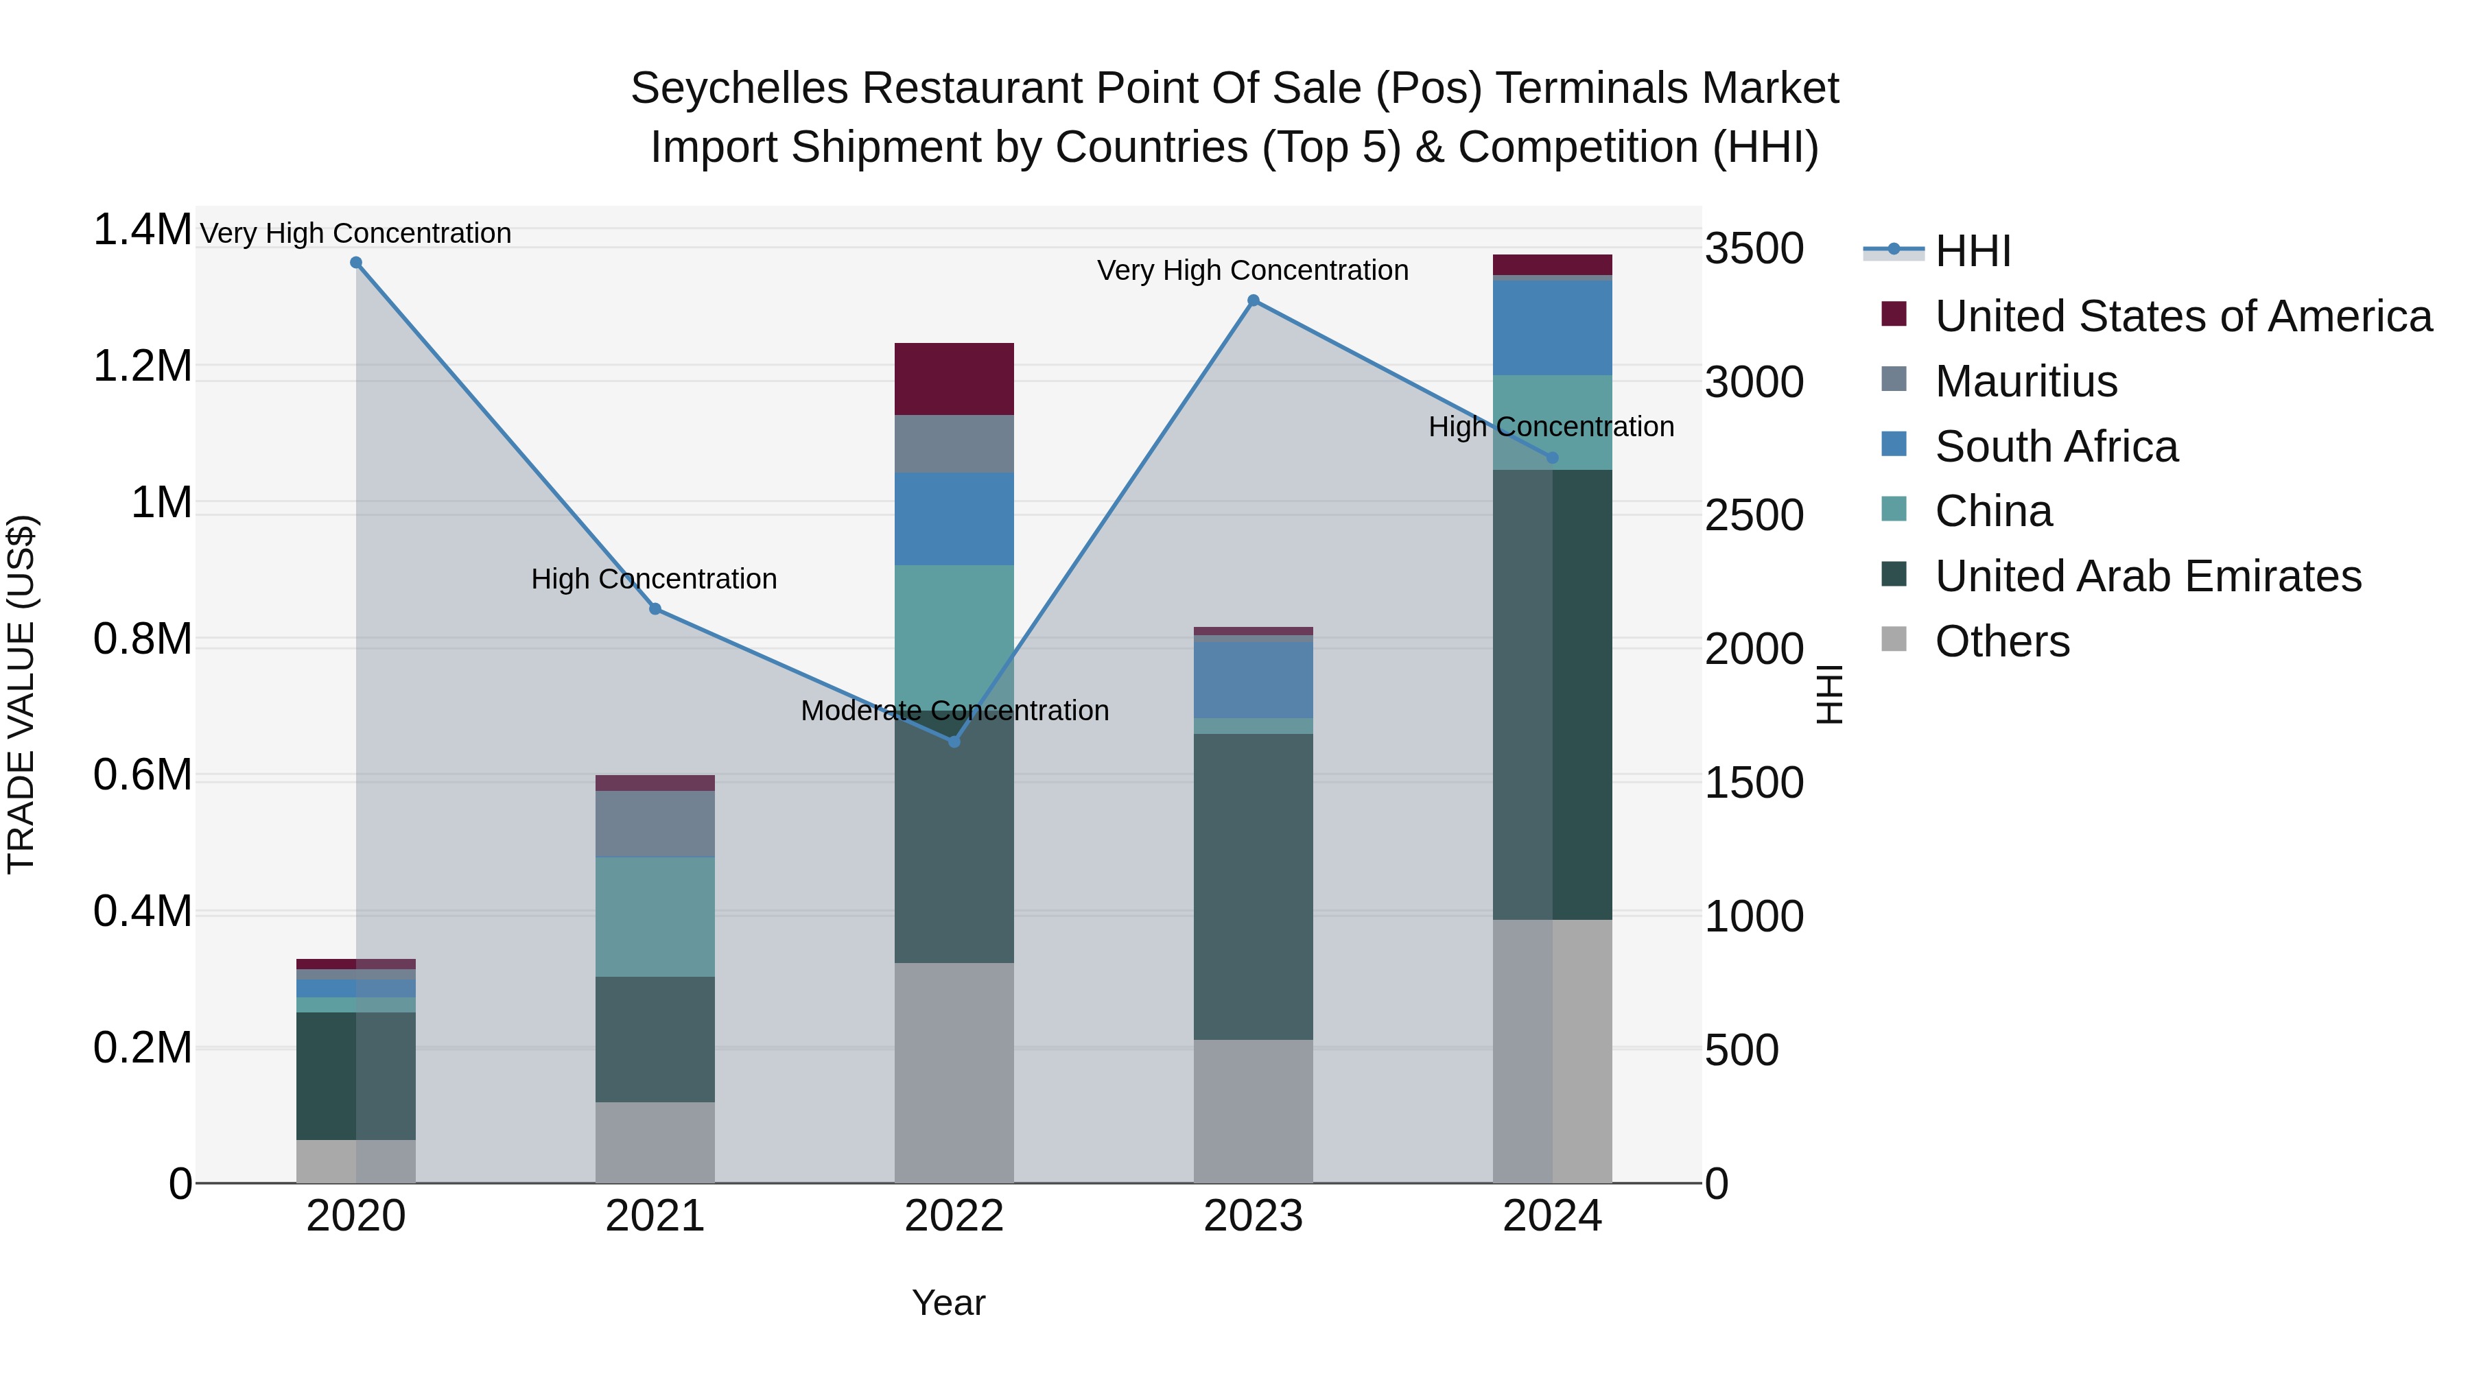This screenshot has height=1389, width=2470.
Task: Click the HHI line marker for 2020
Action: click(x=355, y=263)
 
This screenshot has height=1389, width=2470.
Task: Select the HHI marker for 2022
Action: click(x=954, y=742)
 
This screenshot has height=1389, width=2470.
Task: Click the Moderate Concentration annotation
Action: click(x=954, y=711)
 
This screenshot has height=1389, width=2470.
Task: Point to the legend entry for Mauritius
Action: click(x=2025, y=381)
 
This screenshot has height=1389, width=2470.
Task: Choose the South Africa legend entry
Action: click(x=2056, y=447)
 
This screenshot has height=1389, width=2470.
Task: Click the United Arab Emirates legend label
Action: click(x=2148, y=576)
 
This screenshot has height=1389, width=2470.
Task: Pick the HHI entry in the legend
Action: click(x=1973, y=251)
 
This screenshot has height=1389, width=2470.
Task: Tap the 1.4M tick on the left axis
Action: click(x=142, y=230)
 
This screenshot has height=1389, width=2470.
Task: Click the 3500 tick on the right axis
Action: click(x=1754, y=249)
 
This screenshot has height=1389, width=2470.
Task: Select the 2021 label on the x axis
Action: click(x=655, y=1216)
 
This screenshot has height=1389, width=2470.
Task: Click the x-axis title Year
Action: click(x=948, y=1303)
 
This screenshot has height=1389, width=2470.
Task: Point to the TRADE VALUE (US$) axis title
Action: click(x=22, y=694)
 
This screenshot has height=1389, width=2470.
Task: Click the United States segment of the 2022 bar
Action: click(x=954, y=379)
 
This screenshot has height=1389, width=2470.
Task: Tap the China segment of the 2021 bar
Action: click(x=655, y=916)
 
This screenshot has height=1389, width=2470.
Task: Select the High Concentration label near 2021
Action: click(x=654, y=579)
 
